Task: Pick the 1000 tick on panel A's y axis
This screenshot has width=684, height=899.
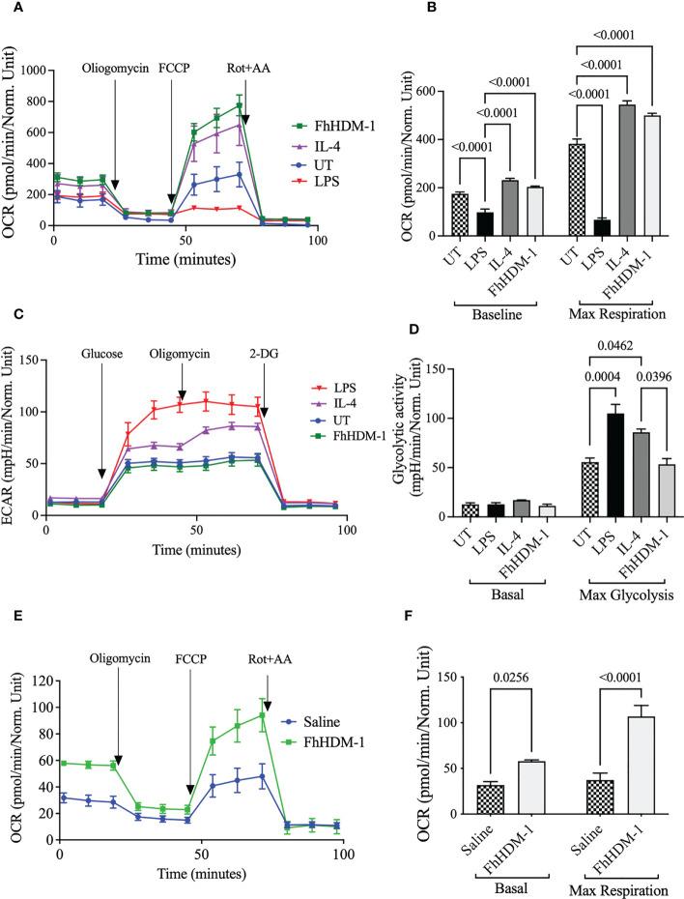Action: [32, 71]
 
